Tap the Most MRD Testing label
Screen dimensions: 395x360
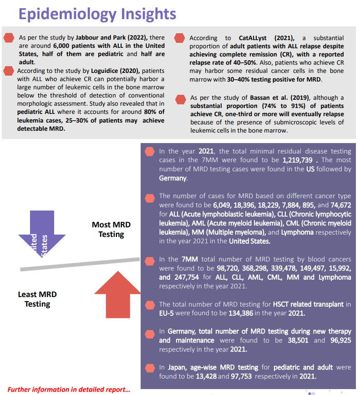click(111, 230)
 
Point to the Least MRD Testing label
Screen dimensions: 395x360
click(37, 299)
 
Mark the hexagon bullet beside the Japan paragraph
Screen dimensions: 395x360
click(149, 368)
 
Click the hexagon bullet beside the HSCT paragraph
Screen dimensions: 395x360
click(149, 305)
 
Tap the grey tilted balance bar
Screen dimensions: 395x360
click(80, 265)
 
